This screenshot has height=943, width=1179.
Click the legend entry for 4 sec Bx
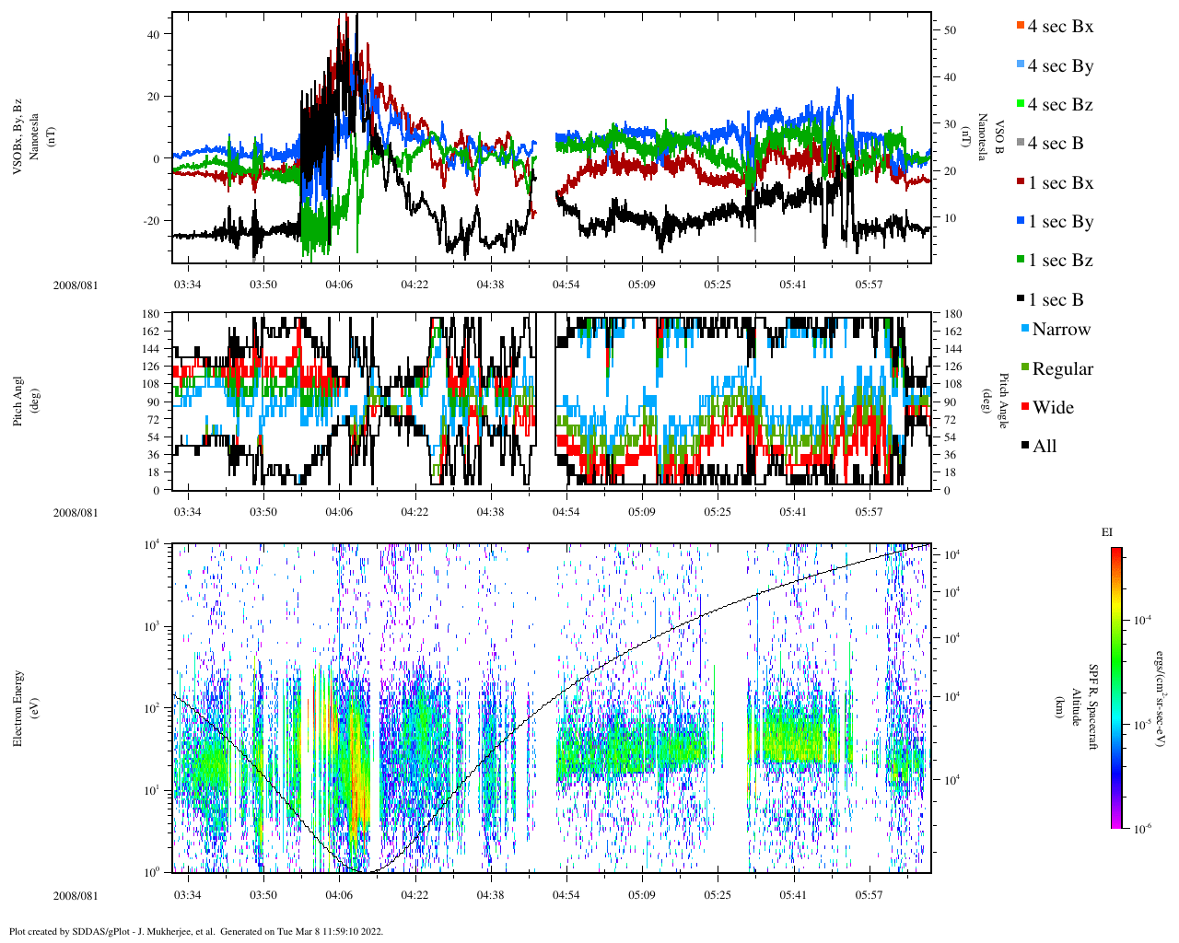[x=1059, y=27]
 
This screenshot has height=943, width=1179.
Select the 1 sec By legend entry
[x=1059, y=222]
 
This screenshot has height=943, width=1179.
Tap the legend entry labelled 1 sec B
[x=1056, y=300]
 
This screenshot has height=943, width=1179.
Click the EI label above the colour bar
[x=1107, y=532]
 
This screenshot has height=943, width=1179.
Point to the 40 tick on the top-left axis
[x=153, y=34]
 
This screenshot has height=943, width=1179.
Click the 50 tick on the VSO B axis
[x=950, y=30]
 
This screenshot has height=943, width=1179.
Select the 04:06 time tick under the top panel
[x=339, y=285]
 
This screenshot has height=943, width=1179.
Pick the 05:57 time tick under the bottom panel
[x=869, y=895]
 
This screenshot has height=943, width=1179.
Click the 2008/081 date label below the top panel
[x=76, y=285]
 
